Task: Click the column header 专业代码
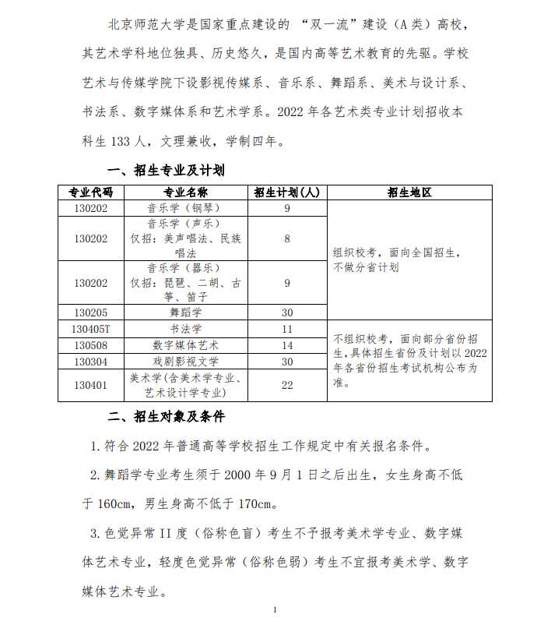click(91, 192)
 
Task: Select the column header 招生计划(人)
click(287, 192)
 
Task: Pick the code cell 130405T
click(91, 328)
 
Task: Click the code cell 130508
click(91, 344)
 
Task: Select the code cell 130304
click(91, 361)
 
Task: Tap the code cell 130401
click(91, 385)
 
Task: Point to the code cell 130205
click(91, 312)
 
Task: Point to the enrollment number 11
click(287, 328)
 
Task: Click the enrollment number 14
click(287, 344)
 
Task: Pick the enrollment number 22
click(287, 385)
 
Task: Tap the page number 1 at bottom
click(275, 609)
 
